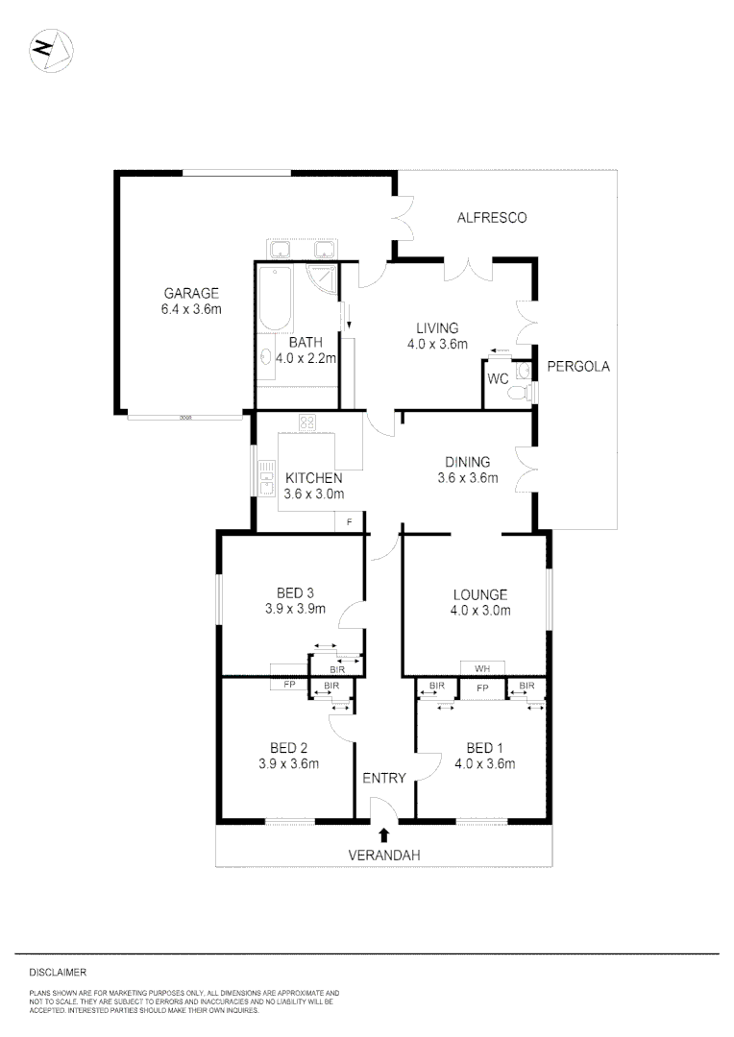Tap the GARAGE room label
point(191,294)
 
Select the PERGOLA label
point(578,367)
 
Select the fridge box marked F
point(349,521)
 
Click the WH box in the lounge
point(482,667)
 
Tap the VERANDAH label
point(384,854)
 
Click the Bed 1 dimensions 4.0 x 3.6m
point(485,764)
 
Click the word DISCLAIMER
point(58,973)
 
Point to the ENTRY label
point(384,778)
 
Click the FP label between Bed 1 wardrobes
point(483,687)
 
